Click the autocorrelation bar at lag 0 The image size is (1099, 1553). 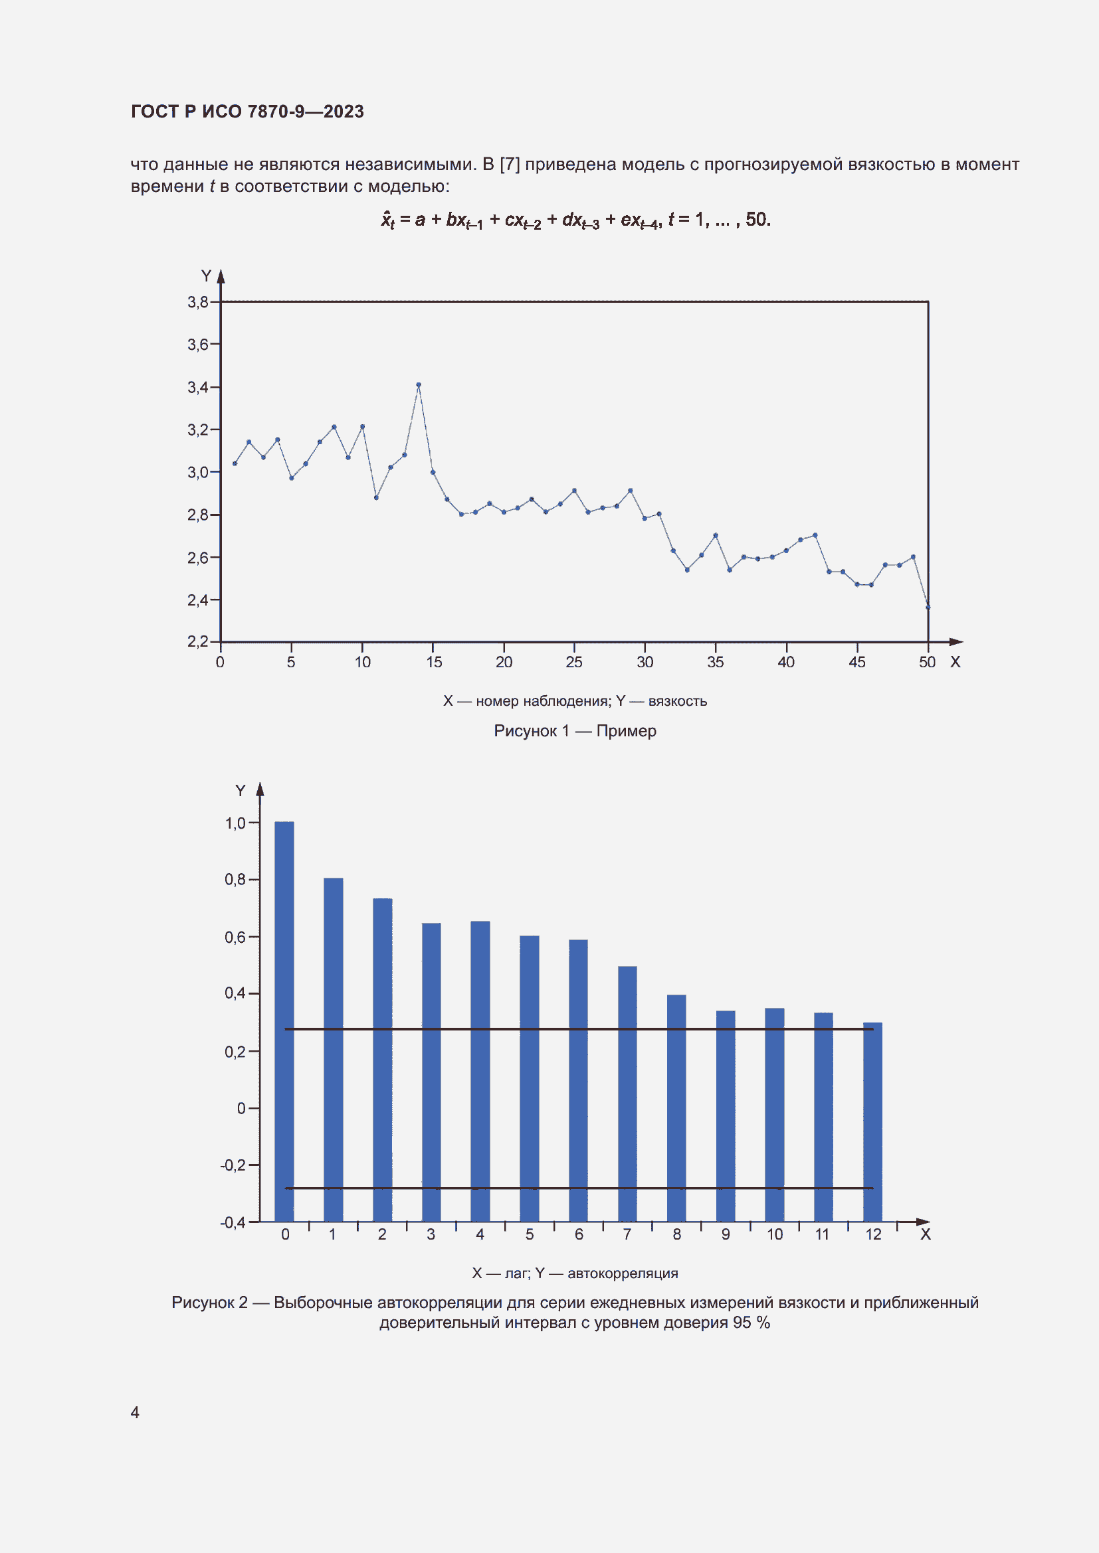(284, 1021)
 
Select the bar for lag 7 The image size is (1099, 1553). (627, 1094)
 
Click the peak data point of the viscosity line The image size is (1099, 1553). (418, 384)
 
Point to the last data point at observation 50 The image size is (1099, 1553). (928, 607)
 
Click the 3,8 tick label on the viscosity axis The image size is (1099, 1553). (197, 302)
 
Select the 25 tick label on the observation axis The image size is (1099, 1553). (574, 662)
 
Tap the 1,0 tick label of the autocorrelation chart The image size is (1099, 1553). (235, 823)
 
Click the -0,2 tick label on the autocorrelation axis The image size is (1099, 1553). (232, 1165)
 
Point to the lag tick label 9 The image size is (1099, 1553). (726, 1234)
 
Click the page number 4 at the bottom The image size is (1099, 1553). (135, 1412)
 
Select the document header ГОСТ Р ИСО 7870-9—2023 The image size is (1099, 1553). (247, 112)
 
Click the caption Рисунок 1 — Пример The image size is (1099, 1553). (575, 730)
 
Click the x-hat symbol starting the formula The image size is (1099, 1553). (387, 220)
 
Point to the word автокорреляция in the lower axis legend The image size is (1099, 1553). (622, 1273)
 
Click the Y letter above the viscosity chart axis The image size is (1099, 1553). (207, 276)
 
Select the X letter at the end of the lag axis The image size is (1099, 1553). (925, 1234)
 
